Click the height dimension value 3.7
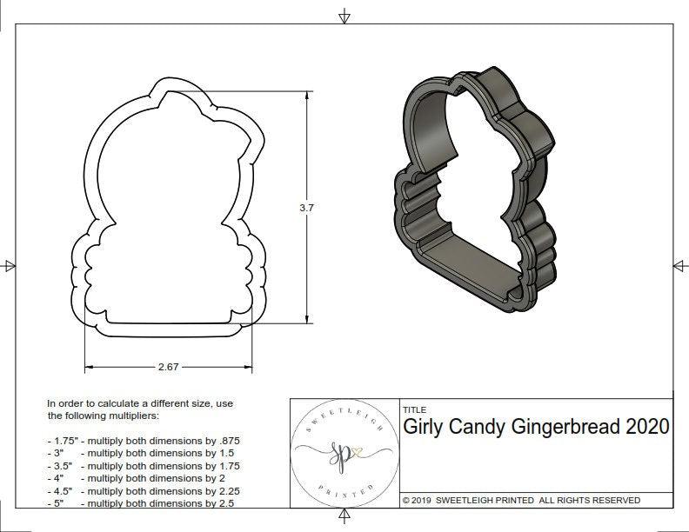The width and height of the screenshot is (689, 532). click(306, 208)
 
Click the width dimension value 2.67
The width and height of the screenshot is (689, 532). click(169, 367)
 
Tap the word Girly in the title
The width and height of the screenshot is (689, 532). click(427, 427)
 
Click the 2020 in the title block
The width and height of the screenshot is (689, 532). click(647, 427)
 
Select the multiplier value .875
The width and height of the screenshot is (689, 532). click(228, 441)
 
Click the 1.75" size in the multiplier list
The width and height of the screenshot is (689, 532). click(62, 441)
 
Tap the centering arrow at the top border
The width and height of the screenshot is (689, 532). click(344, 17)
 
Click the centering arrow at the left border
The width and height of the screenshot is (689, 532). click(9, 265)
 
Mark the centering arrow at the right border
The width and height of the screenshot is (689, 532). click(679, 265)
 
